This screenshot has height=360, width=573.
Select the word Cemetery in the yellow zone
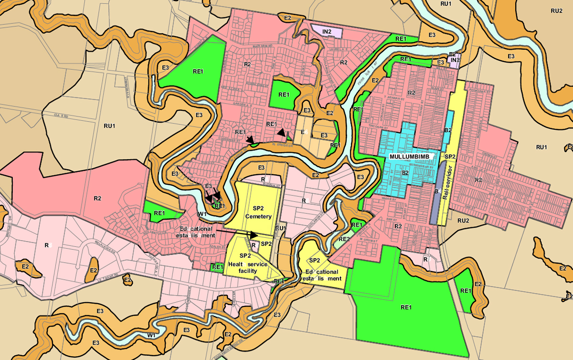[x=258, y=216]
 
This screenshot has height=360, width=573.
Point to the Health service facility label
[x=248, y=264]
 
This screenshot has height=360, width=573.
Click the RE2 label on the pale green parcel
[x=344, y=239]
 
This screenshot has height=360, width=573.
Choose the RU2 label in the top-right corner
[x=556, y=11]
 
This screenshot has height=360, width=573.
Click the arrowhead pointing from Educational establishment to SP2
[x=254, y=235]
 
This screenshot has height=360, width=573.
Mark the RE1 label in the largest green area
[x=406, y=307]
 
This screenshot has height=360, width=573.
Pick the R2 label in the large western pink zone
[x=97, y=198]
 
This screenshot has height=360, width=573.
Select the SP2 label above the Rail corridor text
[x=450, y=157]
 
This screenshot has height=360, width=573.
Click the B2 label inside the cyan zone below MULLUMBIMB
[x=405, y=172]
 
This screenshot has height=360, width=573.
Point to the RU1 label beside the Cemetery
[x=280, y=228]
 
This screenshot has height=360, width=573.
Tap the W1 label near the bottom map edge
[x=151, y=336]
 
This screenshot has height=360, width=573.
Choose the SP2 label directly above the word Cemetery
[x=258, y=209]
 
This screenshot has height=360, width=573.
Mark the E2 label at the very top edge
[x=287, y=18]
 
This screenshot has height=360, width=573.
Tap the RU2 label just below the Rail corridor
[x=463, y=220]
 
